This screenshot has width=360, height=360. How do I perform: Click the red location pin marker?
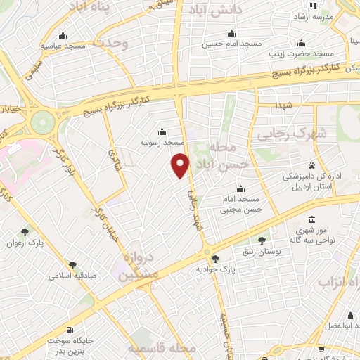click(x=181, y=165)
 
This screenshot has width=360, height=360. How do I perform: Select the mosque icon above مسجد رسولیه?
click(x=162, y=131)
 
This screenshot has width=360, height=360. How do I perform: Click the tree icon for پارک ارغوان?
click(x=25, y=231)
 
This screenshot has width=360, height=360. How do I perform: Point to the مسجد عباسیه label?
click(x=63, y=46)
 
